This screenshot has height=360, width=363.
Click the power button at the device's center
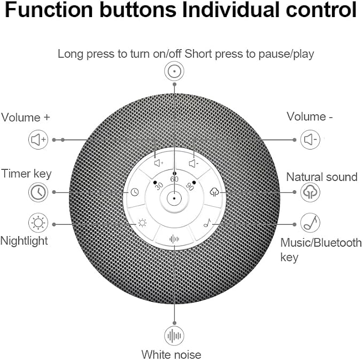pos(174,198)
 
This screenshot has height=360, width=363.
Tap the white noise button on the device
pos(174,239)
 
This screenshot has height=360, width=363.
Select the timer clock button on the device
pos(135,192)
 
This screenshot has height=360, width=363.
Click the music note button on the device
pos(207,223)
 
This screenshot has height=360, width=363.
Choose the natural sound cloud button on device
pos(214,192)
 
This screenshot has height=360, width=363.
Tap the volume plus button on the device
pos(159,163)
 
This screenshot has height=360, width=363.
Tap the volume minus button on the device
pos(194,163)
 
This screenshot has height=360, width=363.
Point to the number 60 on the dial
pos(174,179)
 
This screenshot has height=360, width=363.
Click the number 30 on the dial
pos(159,186)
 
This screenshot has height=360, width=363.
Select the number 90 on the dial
pos(190,186)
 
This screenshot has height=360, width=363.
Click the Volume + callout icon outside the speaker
pos(38,139)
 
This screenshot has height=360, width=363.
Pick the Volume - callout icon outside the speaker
pos(310,139)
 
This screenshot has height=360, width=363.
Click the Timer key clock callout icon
pos(38,192)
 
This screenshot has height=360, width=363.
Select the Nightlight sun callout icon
pos(38,223)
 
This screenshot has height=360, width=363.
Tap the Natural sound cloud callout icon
pos(310,192)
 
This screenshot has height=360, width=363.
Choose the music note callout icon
pos(310,223)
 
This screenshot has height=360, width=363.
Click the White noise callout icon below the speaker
pos(174,336)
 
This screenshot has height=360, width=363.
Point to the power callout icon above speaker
pos(174,71)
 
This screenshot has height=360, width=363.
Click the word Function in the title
pos(49,10)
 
